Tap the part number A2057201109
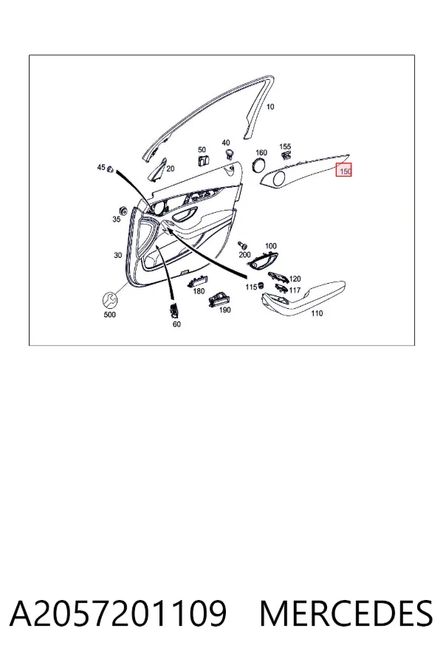coord(118,613)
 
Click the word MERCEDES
coord(346,613)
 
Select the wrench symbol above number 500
coord(110,300)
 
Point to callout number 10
coord(270,107)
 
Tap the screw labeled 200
coord(243,245)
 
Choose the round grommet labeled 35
coord(123,211)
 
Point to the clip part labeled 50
coord(202,160)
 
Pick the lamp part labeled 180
coord(197,281)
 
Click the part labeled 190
coord(219,299)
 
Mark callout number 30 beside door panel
coord(118,256)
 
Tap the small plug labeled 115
coord(261,285)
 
